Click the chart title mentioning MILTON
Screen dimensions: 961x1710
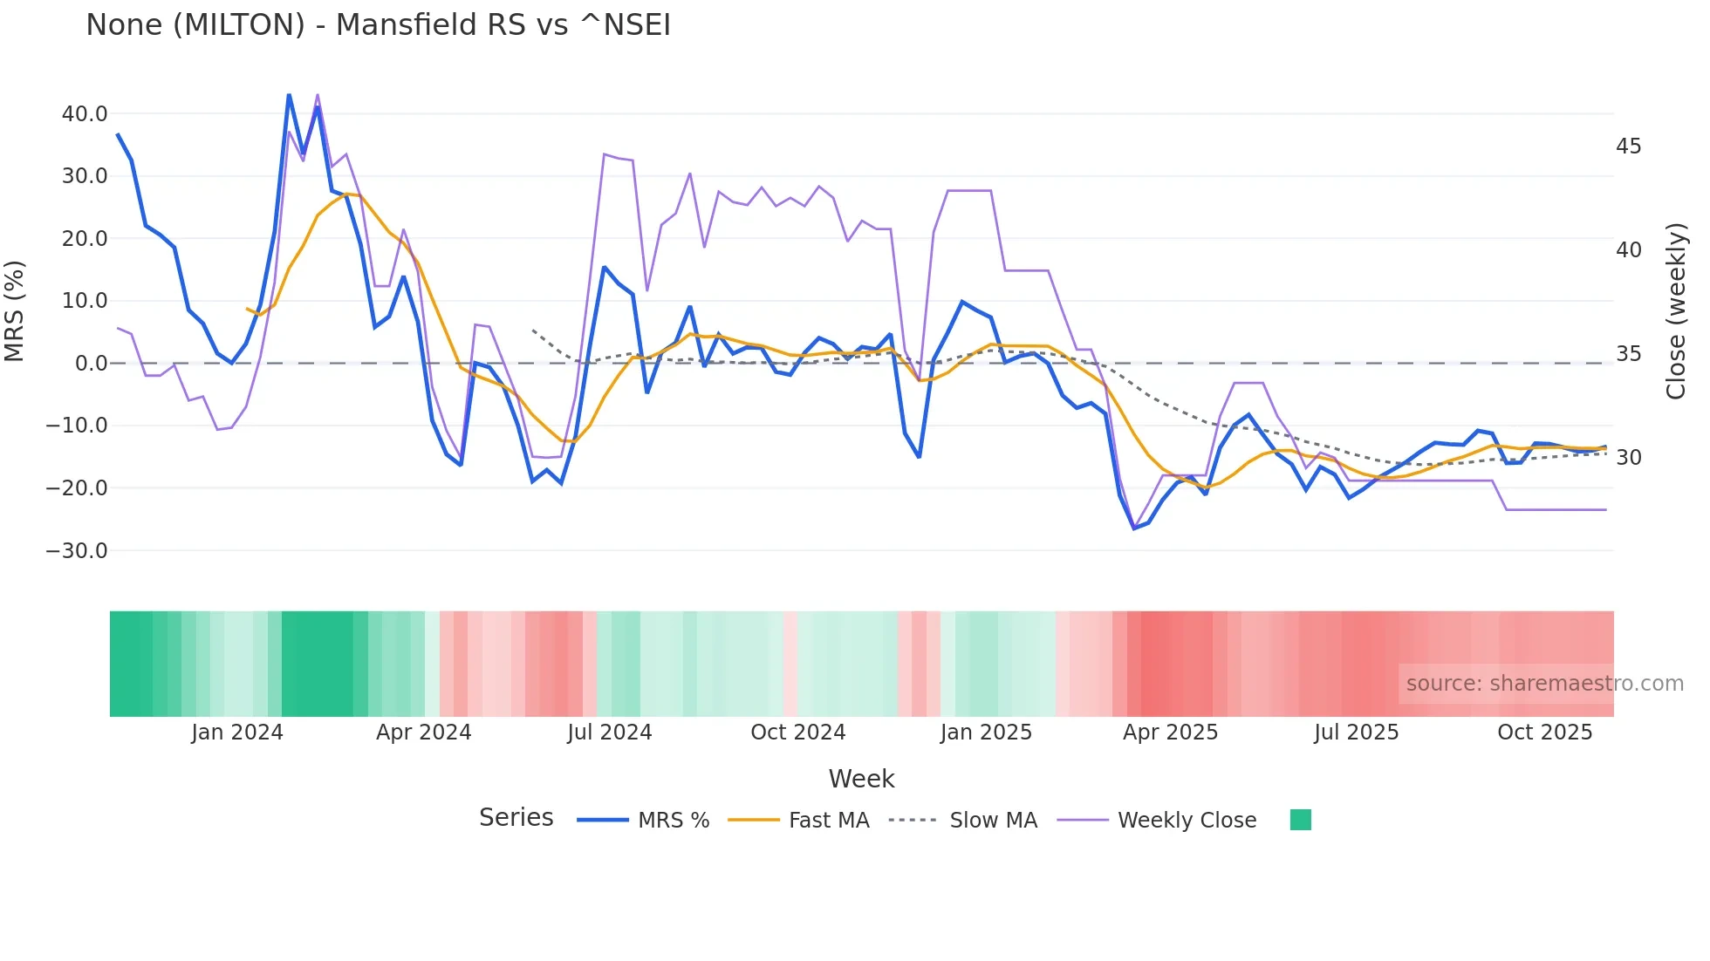coord(378,24)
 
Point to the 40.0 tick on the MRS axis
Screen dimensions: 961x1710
coord(85,114)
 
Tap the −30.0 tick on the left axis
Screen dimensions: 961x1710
coord(77,551)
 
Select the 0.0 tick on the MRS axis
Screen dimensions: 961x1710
coord(91,364)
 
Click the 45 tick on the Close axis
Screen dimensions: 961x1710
coord(1628,147)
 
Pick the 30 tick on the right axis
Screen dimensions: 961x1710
coord(1628,458)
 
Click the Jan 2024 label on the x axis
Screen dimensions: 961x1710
coord(237,733)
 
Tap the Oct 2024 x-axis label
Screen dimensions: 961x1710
coord(797,733)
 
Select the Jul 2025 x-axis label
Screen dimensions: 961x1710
coord(1356,733)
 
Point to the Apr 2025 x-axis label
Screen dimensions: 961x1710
coord(1170,733)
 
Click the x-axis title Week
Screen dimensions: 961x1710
coord(861,779)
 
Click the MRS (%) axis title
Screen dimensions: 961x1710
coord(15,311)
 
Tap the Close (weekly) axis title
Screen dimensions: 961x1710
coord(1676,311)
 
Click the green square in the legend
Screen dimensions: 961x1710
coord(1300,820)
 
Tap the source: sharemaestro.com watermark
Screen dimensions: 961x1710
coord(1544,684)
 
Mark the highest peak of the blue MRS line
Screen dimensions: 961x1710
coord(289,95)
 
